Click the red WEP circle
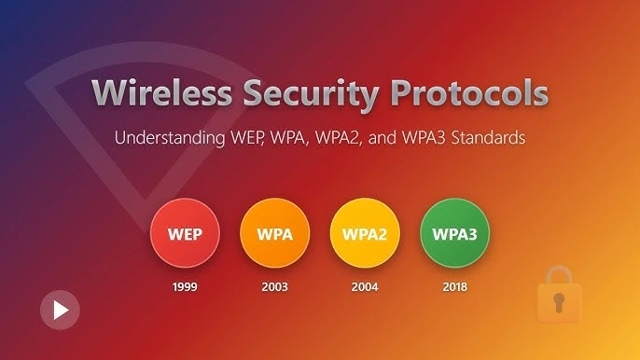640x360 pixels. click(x=185, y=234)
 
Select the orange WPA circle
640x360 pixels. click(x=274, y=234)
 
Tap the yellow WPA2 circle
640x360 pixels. click(x=365, y=234)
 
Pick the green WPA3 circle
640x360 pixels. click(x=454, y=234)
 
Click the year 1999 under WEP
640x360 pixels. click(x=185, y=286)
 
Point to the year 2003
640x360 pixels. click(x=274, y=286)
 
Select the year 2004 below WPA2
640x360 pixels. click(x=365, y=286)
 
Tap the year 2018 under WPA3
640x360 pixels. click(x=454, y=286)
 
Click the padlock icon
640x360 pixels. click(x=559, y=298)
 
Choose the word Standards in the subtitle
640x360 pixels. click(x=486, y=138)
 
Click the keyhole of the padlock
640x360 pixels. click(x=559, y=303)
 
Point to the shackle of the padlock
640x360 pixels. click(x=559, y=277)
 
